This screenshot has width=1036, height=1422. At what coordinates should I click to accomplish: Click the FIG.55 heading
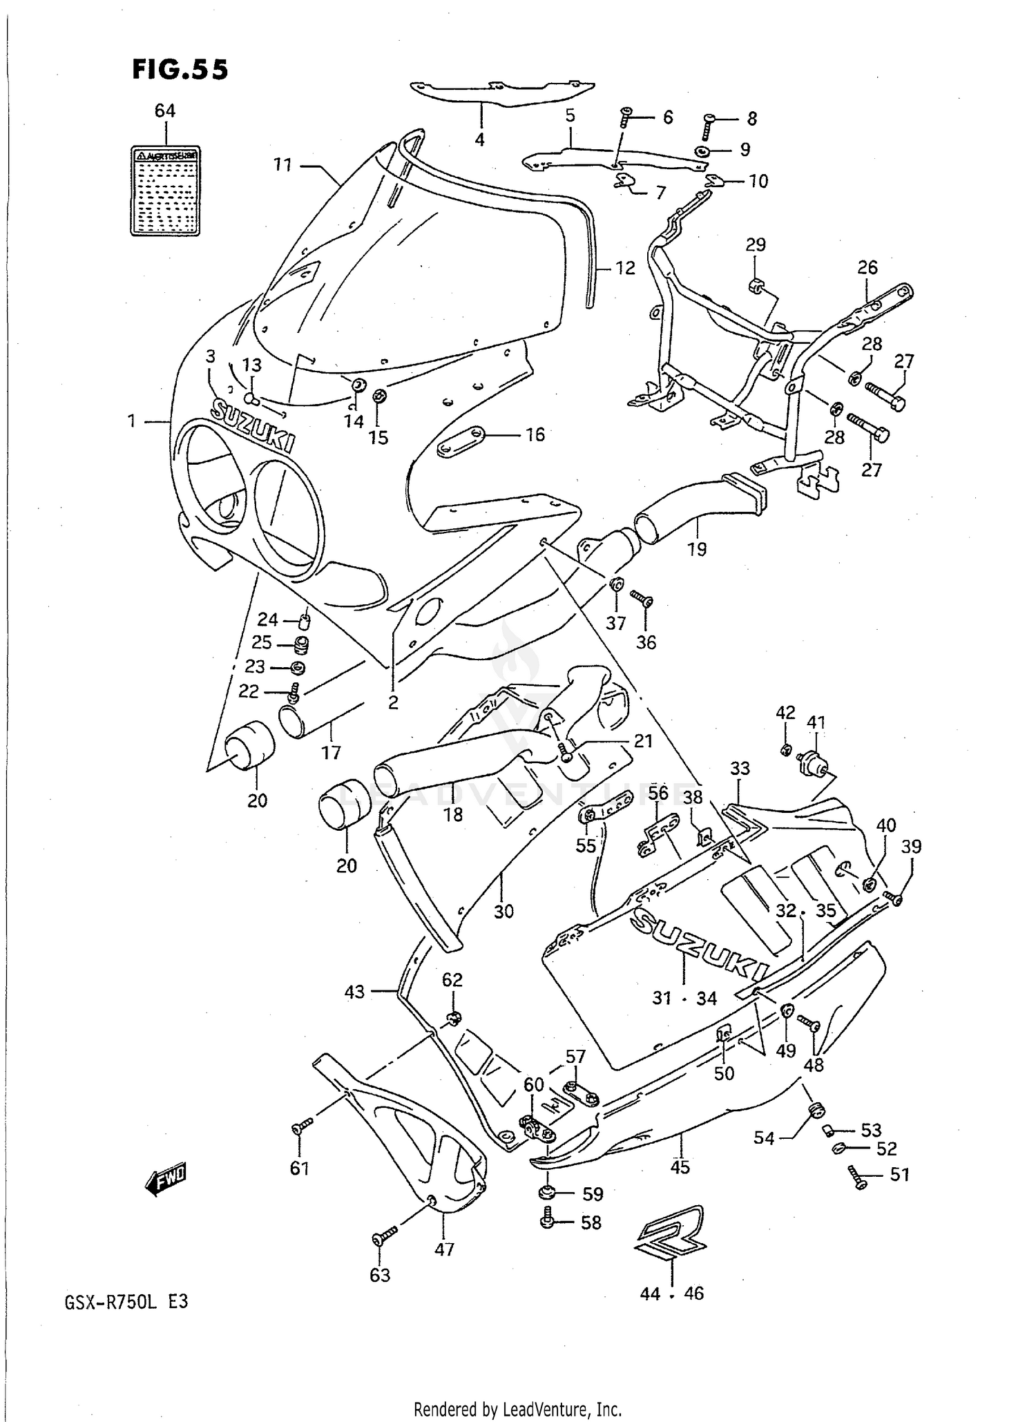pyautogui.click(x=180, y=70)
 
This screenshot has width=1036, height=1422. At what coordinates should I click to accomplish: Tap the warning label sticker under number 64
pyautogui.click(x=165, y=191)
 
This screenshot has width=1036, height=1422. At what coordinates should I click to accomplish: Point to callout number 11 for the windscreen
pyautogui.click(x=282, y=165)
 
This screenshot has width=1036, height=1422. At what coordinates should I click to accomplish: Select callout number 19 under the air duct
pyautogui.click(x=697, y=549)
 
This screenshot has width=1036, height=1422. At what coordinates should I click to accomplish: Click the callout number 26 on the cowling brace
pyautogui.click(x=867, y=267)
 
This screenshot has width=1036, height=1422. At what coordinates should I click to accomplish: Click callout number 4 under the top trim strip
pyautogui.click(x=479, y=140)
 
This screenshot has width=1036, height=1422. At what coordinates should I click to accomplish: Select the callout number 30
pyautogui.click(x=503, y=911)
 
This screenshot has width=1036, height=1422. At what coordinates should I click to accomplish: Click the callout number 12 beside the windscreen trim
pyautogui.click(x=625, y=267)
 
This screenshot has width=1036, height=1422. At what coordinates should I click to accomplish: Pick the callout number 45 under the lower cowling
pyautogui.click(x=680, y=1166)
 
